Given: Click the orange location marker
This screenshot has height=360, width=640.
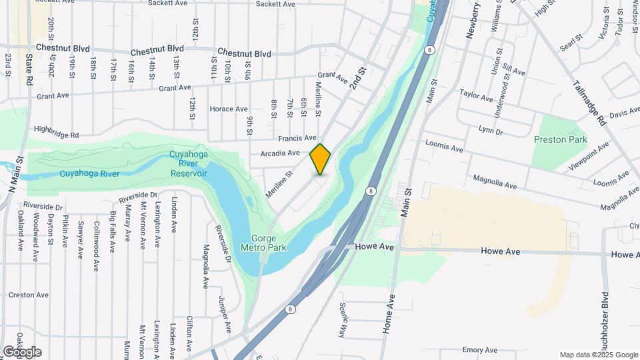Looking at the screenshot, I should [x=320, y=159].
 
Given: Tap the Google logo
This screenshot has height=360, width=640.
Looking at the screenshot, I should [x=22, y=352].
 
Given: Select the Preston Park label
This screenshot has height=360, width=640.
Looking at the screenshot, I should [x=561, y=139].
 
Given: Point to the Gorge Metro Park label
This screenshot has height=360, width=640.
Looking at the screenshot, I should [x=268, y=243].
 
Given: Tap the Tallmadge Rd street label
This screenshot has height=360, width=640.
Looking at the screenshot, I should [x=589, y=103].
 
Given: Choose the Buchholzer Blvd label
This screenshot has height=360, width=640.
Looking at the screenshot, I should [x=606, y=320].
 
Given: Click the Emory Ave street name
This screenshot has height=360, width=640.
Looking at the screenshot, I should [x=480, y=350].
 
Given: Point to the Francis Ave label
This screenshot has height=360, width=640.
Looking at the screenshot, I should [x=297, y=138].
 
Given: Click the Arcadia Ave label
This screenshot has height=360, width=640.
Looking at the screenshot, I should [x=279, y=153].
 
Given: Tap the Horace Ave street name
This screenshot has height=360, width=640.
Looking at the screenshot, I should [x=229, y=109].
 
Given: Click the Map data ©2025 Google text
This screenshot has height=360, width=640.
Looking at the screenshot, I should [x=599, y=355].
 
